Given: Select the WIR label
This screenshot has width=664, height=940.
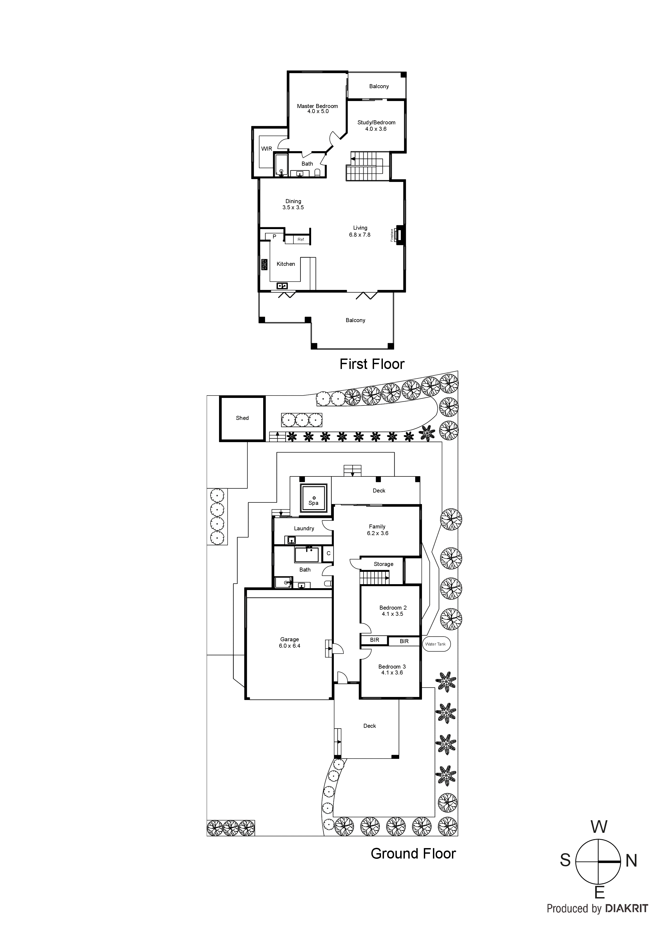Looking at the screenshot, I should pos(266,149).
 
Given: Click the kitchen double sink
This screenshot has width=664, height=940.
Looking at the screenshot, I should pos(282,286).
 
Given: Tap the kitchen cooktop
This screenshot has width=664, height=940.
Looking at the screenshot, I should pos(264,264).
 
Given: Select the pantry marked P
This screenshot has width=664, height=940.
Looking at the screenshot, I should pos(274,237).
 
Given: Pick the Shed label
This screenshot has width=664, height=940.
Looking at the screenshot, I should pos(242,418).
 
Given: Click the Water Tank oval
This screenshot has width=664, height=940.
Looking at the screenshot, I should pos(435,644).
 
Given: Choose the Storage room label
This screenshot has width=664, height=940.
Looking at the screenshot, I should pos(383,564).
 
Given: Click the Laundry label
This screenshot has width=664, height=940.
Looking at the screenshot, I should pos(304,528).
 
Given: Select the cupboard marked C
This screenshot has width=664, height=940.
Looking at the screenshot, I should pos(328,554).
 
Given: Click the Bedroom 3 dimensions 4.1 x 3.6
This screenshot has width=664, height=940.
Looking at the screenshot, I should pos(392,673).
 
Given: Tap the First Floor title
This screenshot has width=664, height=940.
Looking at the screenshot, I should pos(372,364).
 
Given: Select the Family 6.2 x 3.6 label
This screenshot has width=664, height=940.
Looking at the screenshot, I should pos(377,530).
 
